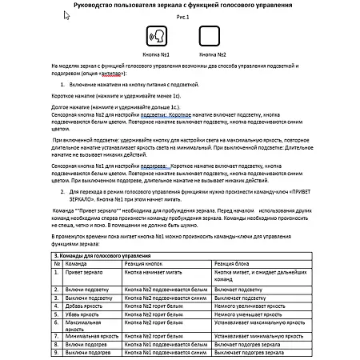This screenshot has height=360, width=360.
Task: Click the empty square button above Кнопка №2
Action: point(210,36)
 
